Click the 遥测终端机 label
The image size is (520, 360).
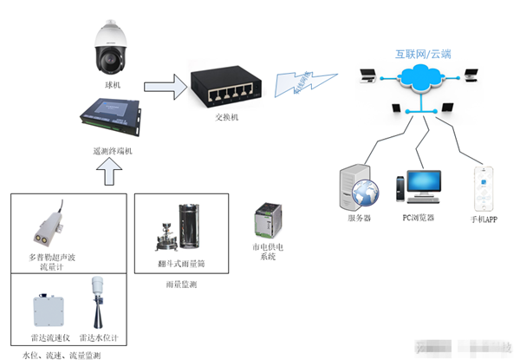113,151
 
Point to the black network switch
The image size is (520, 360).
224,86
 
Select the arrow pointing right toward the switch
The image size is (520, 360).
166,86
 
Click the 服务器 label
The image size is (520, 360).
359,219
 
